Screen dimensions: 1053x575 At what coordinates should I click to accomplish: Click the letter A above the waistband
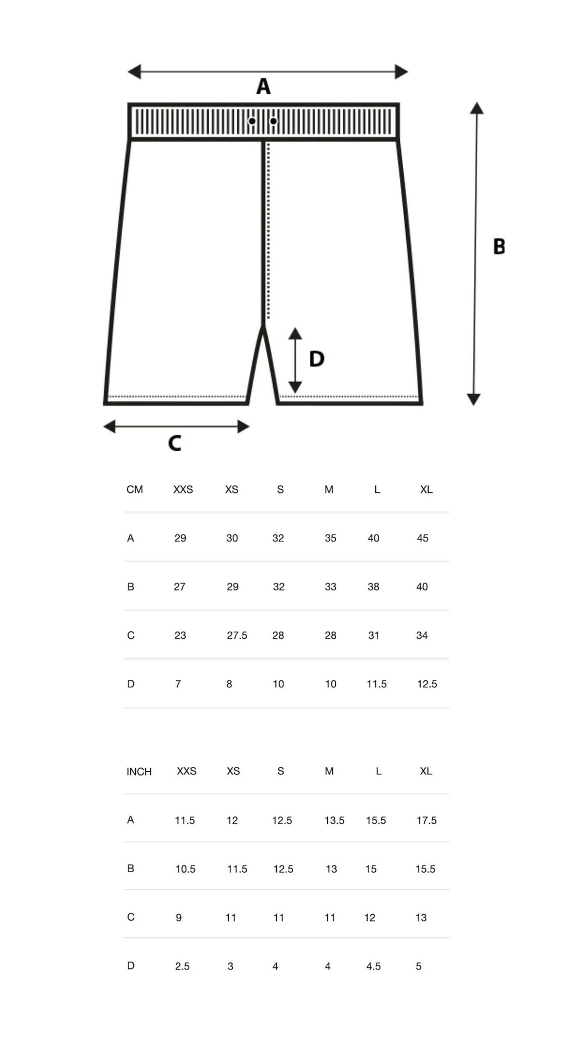coord(263,86)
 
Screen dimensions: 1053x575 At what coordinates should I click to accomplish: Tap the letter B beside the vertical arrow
coord(499,246)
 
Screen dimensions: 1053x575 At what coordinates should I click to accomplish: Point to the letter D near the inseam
coord(316,359)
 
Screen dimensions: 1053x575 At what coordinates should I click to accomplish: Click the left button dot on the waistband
coord(252,121)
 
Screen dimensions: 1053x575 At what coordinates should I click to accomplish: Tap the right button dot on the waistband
coord(273,121)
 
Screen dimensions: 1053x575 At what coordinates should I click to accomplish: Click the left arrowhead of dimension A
coord(135,71)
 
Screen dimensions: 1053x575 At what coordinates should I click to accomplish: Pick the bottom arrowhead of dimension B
coord(473,399)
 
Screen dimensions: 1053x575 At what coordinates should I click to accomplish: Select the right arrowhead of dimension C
coord(243,426)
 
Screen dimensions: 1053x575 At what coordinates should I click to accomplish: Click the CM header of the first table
coord(135,489)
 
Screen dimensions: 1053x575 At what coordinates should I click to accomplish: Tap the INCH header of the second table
coord(139,771)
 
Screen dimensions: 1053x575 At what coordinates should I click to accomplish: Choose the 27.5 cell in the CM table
coord(237,635)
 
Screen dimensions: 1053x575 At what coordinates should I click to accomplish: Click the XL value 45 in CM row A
coord(422,538)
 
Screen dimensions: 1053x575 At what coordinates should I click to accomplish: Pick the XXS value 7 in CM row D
coord(178,684)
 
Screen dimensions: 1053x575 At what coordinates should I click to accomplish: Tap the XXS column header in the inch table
coord(187,771)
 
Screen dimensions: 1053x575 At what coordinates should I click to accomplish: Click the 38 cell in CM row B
coord(373,587)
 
